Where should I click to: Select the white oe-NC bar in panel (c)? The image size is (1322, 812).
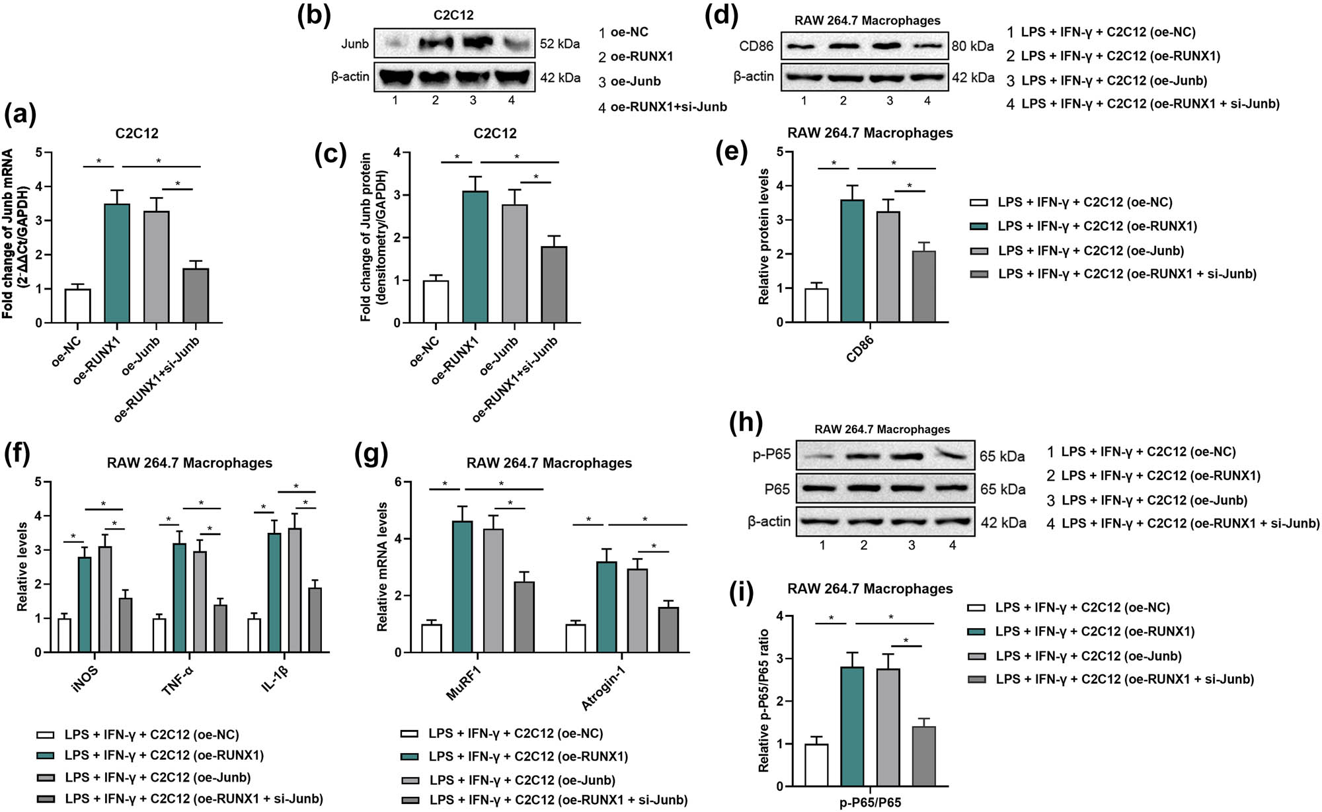(x=436, y=302)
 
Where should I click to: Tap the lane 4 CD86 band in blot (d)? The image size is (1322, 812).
(x=927, y=46)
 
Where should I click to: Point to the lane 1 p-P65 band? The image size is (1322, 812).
(x=821, y=456)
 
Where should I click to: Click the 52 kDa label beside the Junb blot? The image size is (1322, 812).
(x=560, y=44)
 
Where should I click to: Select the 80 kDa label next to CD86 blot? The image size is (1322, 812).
(x=972, y=46)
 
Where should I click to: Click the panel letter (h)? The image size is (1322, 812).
(x=745, y=421)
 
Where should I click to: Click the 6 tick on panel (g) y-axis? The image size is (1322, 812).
(x=398, y=482)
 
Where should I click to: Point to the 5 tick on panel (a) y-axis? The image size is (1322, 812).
(x=39, y=153)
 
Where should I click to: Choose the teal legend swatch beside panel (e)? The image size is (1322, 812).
(x=978, y=226)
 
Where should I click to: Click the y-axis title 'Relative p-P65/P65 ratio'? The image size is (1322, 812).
(x=763, y=700)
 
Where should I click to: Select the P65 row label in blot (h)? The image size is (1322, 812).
(x=777, y=489)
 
